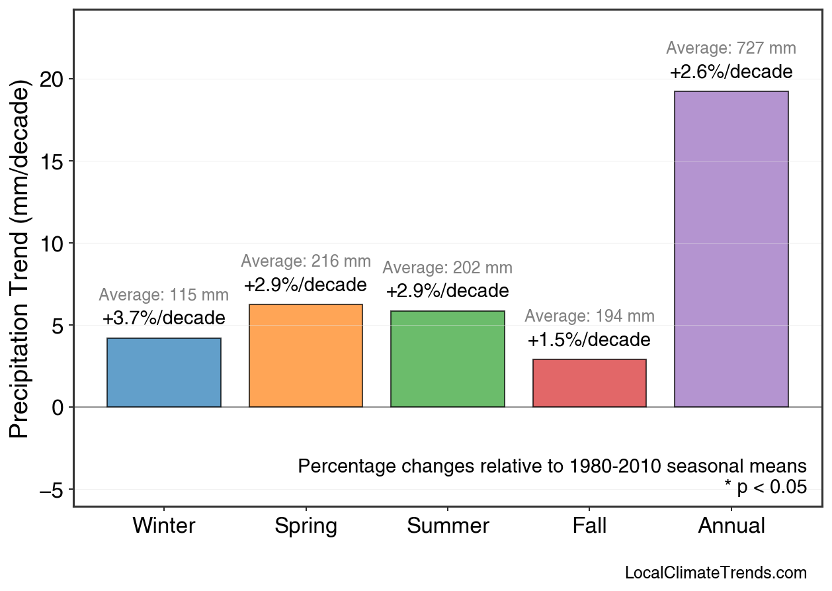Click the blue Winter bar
[x=163, y=373]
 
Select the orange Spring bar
[x=306, y=356]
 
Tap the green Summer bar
[x=448, y=359]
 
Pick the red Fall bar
[x=589, y=383]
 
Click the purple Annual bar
[x=731, y=249]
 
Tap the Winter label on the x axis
[x=164, y=526]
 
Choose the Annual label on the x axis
[x=731, y=526]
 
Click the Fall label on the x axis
[x=589, y=526]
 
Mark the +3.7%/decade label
[x=163, y=318]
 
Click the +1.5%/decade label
[x=589, y=340]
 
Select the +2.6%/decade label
[x=731, y=71]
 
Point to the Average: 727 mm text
[x=731, y=48]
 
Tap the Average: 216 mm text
[x=306, y=261]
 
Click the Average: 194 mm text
[x=589, y=316]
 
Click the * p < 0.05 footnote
[x=765, y=488]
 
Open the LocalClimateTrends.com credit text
[x=716, y=573]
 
